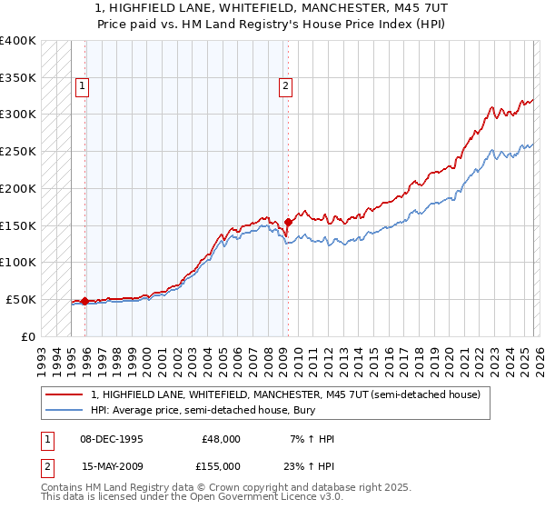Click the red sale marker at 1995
pos(85,301)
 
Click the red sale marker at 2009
pos(288,221)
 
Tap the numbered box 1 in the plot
pos(82,86)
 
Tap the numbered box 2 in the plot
pos(285,86)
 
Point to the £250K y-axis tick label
pos(18,151)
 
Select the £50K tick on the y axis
pos(21,299)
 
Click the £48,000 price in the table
pos(221,439)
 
